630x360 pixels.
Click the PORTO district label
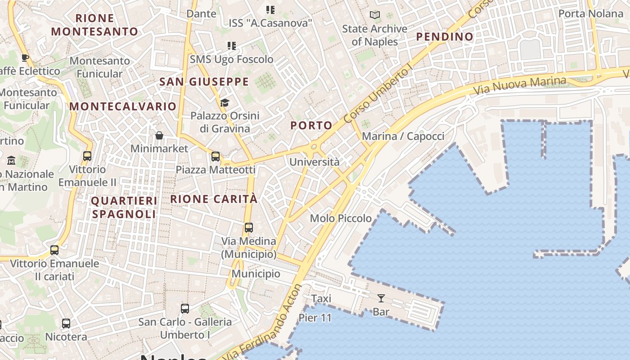(x=311, y=126)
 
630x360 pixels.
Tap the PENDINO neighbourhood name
(x=445, y=37)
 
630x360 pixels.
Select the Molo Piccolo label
(x=341, y=218)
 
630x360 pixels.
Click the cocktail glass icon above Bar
(x=381, y=298)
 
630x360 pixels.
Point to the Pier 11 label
(x=315, y=318)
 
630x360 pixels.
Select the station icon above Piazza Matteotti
(x=216, y=157)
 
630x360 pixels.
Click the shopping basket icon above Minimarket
(x=159, y=135)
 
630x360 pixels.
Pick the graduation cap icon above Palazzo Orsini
(x=225, y=103)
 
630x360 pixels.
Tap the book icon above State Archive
(x=374, y=15)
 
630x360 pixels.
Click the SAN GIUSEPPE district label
(x=204, y=81)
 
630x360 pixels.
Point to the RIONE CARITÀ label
(x=214, y=199)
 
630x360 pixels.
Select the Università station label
(x=314, y=162)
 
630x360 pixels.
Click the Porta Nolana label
(x=590, y=13)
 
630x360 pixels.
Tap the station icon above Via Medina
(x=248, y=228)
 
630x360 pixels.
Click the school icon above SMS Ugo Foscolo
(x=231, y=45)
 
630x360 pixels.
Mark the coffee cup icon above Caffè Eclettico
(x=25, y=58)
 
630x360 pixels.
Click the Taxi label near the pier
(x=321, y=298)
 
